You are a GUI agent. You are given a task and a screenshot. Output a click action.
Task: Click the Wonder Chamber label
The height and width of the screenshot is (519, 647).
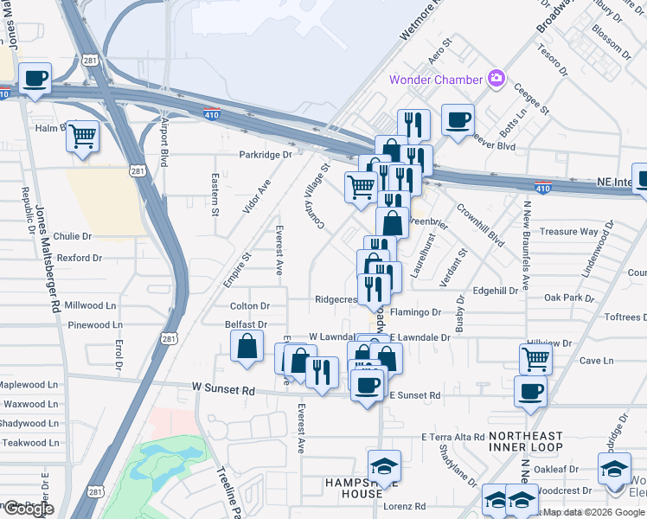click(435, 80)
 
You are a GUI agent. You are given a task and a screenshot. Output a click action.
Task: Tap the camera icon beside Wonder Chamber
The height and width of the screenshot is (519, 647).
click(496, 79)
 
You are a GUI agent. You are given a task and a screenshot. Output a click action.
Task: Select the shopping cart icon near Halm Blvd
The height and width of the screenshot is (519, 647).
click(82, 135)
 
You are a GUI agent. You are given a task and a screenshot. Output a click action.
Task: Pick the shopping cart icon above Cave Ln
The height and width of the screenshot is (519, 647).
click(535, 357)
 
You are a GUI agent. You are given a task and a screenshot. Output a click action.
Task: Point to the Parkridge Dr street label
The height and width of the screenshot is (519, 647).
click(266, 155)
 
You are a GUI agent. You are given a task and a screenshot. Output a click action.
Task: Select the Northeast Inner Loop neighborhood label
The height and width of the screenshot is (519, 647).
click(525, 441)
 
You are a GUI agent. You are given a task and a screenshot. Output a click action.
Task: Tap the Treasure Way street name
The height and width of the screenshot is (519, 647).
click(569, 232)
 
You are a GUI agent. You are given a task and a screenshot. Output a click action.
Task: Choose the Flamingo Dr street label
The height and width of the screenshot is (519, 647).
click(416, 312)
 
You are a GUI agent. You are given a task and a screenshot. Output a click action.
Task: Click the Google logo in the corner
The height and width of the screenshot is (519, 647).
click(28, 509)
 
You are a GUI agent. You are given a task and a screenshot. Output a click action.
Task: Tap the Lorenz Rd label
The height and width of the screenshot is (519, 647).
click(407, 506)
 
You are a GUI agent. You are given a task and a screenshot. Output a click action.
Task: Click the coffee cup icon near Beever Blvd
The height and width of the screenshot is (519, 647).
click(457, 120)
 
